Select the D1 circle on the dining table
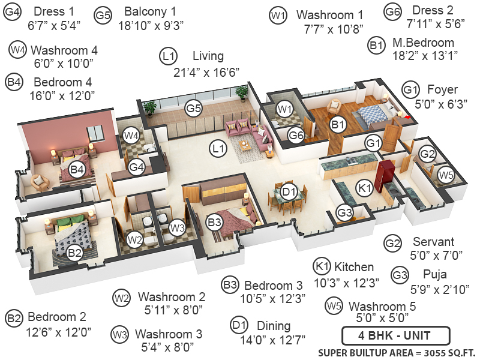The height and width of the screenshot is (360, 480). tap(289, 192)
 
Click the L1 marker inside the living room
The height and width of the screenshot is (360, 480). tap(218, 148)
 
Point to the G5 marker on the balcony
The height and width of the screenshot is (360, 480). tap(193, 109)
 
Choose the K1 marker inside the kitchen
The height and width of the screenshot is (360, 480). tap(365, 188)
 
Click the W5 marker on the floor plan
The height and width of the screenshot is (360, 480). tap(446, 175)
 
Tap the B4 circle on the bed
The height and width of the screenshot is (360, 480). tap(77, 170)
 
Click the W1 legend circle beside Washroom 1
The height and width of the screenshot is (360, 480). tap(277, 16)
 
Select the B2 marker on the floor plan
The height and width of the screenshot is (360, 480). tap(74, 253)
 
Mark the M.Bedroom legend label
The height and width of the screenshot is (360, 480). tap(423, 43)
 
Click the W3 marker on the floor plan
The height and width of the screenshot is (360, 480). tap(176, 228)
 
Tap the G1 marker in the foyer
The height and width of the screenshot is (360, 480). tap(374, 143)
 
